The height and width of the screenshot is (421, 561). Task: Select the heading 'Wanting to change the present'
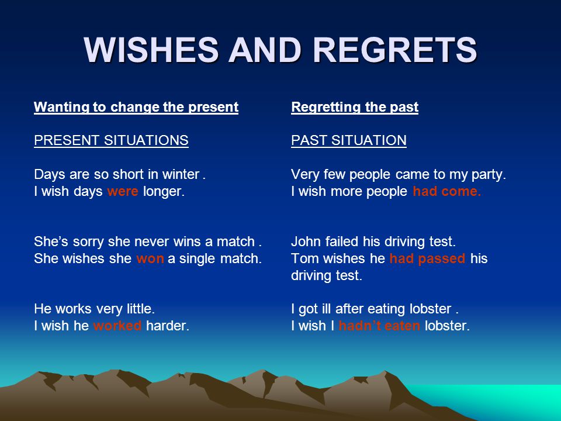click(136, 108)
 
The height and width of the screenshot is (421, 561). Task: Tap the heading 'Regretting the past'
click(355, 108)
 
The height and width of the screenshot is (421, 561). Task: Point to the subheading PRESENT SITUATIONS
click(111, 140)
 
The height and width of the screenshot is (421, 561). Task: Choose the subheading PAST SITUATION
click(348, 140)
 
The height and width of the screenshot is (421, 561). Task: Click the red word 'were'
click(122, 192)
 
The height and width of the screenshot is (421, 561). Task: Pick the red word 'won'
click(150, 259)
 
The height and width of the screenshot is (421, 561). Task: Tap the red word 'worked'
click(117, 326)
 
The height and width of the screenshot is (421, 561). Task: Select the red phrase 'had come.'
click(446, 191)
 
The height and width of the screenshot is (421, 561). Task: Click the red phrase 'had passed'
click(427, 259)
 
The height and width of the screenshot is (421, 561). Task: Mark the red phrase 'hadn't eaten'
click(379, 326)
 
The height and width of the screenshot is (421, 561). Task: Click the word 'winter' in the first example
click(181, 175)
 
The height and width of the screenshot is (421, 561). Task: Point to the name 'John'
click(306, 241)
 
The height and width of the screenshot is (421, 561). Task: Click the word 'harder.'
click(168, 326)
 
